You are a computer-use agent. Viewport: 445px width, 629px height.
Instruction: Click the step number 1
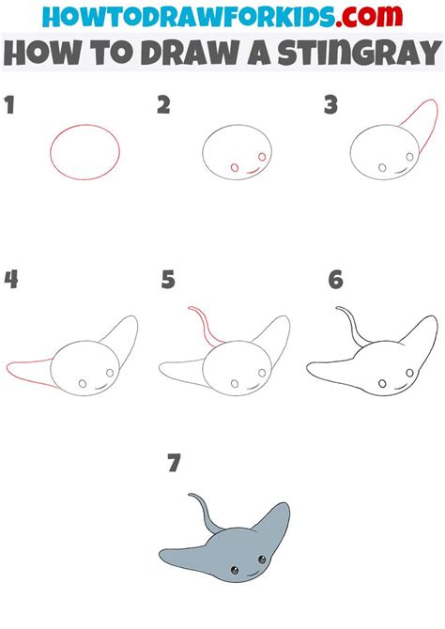point(10,106)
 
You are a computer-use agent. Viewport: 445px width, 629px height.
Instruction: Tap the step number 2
point(162,106)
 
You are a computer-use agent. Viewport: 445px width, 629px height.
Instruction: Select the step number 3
point(330,106)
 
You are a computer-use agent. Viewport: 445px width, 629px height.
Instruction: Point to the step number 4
point(10,280)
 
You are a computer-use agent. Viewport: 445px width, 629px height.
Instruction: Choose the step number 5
point(168,280)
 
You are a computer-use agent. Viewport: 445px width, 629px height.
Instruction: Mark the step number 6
point(335,280)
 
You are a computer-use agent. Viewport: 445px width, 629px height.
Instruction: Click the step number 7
point(173,462)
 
